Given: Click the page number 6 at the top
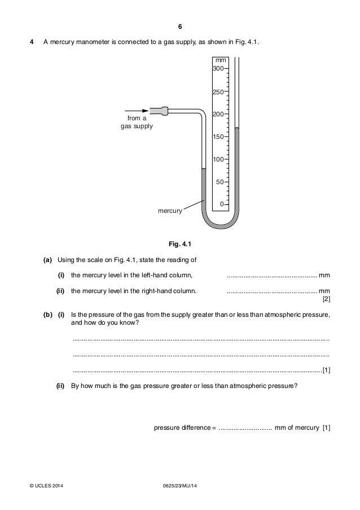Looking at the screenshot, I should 180,27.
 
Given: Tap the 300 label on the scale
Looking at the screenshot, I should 218,68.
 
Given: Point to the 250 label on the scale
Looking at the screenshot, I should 218,91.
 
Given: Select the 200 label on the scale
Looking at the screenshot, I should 218,114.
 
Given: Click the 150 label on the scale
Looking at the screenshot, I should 218,137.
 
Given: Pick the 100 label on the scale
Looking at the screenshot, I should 218,159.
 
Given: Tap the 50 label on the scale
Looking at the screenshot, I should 220,182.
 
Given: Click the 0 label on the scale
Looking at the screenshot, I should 222,204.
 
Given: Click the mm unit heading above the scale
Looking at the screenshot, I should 220,60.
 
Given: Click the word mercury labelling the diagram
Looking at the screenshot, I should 170,211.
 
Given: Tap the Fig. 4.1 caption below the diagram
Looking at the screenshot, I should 180,244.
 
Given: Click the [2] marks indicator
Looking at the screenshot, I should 326,299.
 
